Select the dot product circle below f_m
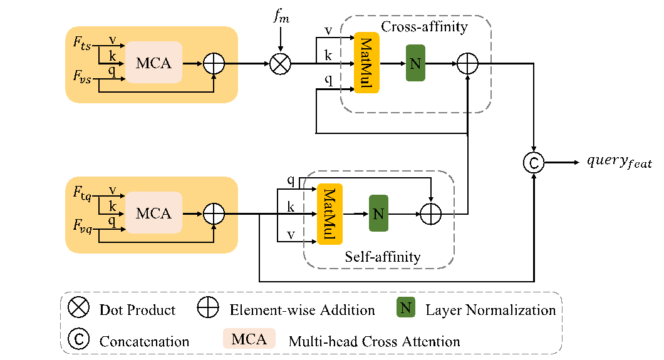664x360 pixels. (280, 64)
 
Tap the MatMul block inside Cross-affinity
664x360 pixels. (367, 63)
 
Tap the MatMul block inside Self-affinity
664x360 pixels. (330, 214)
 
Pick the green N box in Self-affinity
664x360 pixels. (378, 213)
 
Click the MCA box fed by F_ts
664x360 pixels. (154, 63)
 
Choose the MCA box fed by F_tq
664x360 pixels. (154, 213)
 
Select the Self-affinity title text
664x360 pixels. (383, 257)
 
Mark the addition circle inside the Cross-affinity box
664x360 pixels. (468, 63)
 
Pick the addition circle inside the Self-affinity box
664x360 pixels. (431, 214)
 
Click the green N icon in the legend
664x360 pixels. (406, 308)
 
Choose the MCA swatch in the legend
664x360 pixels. (249, 339)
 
